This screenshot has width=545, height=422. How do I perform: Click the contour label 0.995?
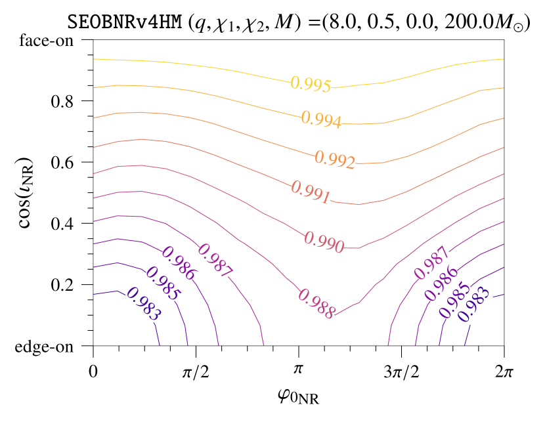(x=311, y=84)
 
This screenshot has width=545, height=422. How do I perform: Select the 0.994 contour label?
(x=321, y=119)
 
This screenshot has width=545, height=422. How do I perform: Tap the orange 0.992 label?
(x=334, y=159)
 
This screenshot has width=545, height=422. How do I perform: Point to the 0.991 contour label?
(x=310, y=192)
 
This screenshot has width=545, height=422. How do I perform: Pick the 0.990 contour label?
(x=324, y=242)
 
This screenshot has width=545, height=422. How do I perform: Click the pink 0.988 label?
(x=316, y=303)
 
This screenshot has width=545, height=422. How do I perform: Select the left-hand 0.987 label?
(x=215, y=260)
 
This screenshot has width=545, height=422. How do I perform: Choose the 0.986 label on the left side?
(x=179, y=263)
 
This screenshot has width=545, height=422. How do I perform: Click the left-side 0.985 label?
(x=162, y=284)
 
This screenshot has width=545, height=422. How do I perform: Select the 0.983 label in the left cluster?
(x=143, y=304)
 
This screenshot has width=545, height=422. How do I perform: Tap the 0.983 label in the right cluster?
(x=474, y=304)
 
